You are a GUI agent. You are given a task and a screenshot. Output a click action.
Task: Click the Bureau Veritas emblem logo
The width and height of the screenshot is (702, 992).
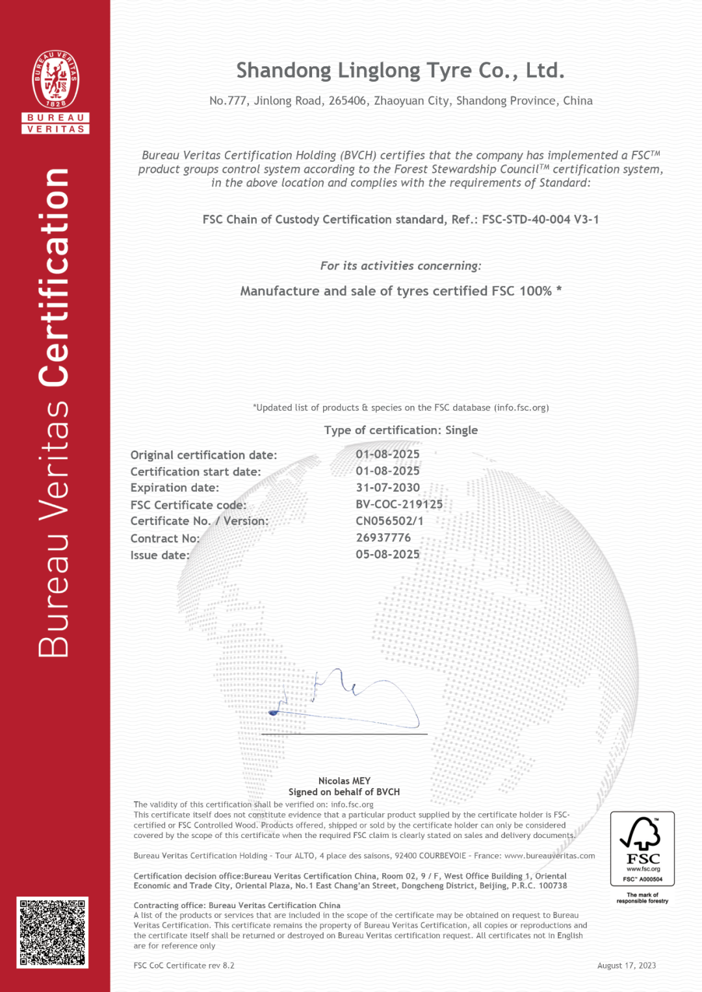(x=56, y=80)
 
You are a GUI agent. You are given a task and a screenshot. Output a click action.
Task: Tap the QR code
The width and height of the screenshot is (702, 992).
(x=52, y=932)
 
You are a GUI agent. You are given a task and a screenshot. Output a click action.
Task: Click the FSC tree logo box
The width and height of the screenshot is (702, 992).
(x=642, y=848)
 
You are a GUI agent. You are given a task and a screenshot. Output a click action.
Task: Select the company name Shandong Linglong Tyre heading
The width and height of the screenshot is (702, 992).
(x=400, y=70)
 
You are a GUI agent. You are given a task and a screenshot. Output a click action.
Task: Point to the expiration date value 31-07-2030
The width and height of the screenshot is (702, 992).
(x=387, y=487)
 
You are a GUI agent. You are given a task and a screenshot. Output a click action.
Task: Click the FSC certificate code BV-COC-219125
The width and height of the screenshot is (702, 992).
(x=399, y=504)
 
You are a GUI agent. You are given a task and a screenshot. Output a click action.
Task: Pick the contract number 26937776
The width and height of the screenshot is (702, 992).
(x=383, y=538)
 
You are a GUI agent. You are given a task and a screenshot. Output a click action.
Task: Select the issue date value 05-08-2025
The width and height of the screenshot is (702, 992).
(x=387, y=554)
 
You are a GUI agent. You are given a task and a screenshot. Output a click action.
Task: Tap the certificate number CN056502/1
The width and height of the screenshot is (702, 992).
(x=389, y=521)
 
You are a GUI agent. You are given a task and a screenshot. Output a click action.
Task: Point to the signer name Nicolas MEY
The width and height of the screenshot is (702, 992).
(x=344, y=781)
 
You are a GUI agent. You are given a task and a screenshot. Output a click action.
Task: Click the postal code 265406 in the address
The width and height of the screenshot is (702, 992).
(x=347, y=101)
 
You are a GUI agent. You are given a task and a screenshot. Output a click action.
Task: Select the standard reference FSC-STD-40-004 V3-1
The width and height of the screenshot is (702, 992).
(x=540, y=220)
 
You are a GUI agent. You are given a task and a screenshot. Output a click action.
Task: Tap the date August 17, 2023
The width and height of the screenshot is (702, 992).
(x=627, y=965)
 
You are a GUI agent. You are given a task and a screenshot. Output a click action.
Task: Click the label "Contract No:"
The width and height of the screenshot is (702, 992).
(x=165, y=539)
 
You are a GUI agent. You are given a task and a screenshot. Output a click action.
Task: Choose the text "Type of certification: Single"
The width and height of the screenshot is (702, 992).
(x=401, y=430)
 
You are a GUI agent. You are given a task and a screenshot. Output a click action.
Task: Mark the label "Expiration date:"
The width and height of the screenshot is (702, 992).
(x=175, y=488)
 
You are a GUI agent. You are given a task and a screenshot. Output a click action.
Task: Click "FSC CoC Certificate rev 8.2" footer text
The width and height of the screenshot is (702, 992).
(x=184, y=965)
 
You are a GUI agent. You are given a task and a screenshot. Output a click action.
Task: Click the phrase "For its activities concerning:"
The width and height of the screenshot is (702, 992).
(x=401, y=266)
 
